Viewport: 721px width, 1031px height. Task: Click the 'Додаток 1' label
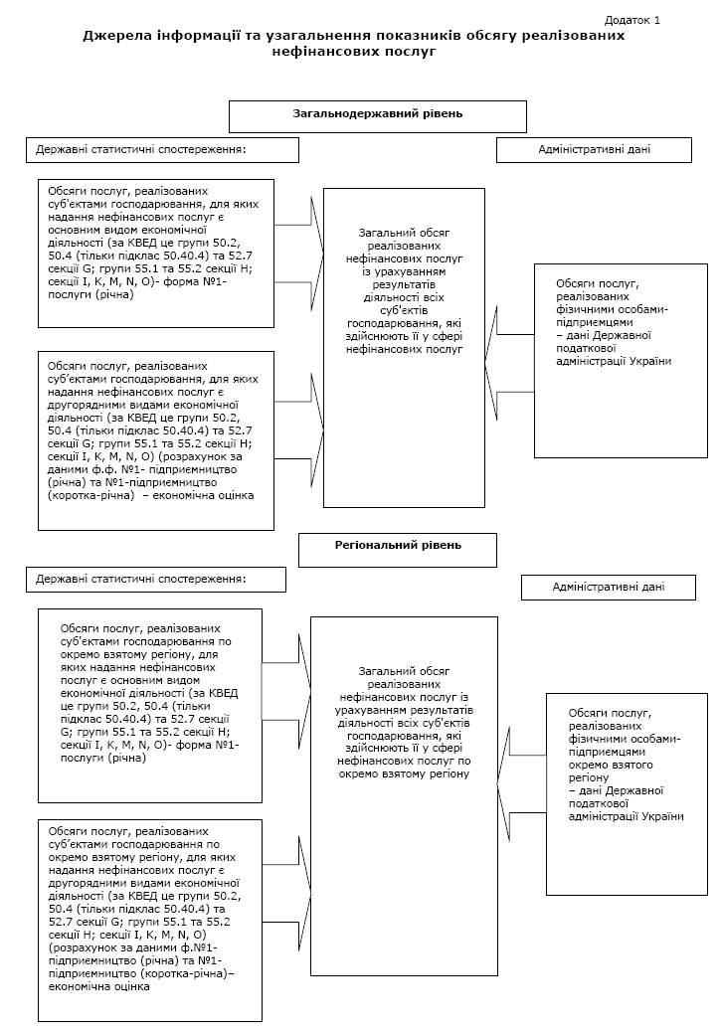pos(631,20)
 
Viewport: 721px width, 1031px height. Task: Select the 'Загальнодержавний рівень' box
pos(377,115)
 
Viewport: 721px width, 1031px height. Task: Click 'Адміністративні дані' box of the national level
pos(594,149)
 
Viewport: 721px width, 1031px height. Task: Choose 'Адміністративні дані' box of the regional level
pos(608,587)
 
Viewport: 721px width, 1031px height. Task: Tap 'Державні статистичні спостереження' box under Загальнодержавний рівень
pos(162,150)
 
